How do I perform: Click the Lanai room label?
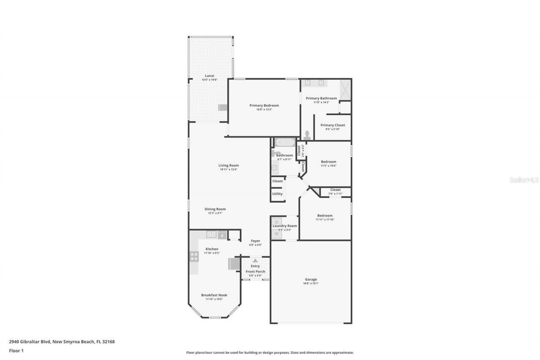[x=210, y=76]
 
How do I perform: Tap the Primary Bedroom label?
[x=264, y=106]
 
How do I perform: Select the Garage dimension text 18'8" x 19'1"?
[x=311, y=284]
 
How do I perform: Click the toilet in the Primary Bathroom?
[x=307, y=135]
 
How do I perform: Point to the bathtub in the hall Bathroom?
[x=285, y=143]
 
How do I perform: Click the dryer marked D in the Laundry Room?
[x=276, y=222]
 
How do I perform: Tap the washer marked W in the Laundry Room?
[x=276, y=233]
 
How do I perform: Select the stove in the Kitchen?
[x=194, y=256]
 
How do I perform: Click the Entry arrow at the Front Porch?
[x=255, y=261]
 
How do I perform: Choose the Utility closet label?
[x=277, y=194]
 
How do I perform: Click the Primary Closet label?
[x=332, y=125]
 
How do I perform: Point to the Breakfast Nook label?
[x=214, y=295]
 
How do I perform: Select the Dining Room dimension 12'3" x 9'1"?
[x=215, y=213]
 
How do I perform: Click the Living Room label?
[x=229, y=165]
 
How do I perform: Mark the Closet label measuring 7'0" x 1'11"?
[x=335, y=194]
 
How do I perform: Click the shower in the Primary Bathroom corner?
[x=345, y=89]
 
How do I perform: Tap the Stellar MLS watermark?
[x=524, y=180]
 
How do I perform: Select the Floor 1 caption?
[x=16, y=351]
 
